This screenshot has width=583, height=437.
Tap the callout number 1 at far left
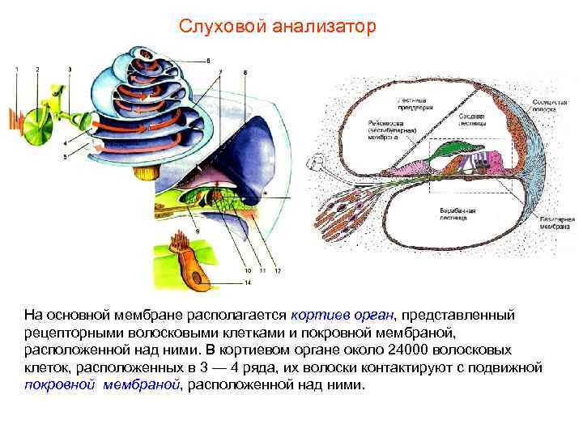[15, 70]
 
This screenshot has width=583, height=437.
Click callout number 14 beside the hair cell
[249, 282]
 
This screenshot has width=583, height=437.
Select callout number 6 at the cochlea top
[208, 60]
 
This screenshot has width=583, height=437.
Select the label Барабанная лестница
[457, 214]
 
